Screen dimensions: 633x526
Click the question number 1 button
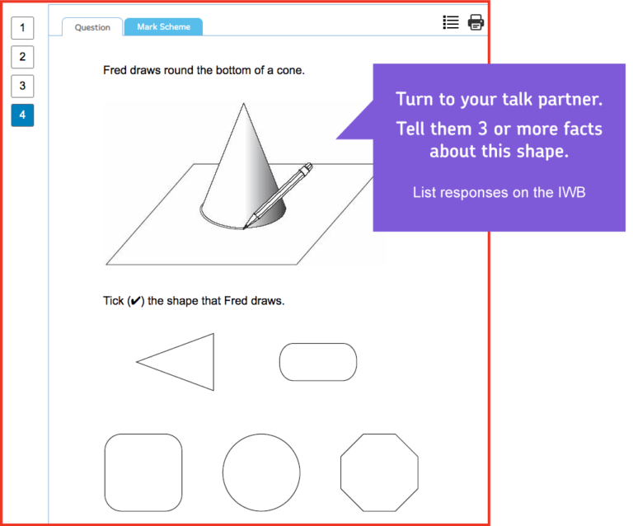(22, 28)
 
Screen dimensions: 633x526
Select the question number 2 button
(22, 57)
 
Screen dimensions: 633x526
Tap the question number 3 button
(22, 86)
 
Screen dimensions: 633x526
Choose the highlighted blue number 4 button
(22, 115)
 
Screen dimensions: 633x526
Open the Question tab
(92, 27)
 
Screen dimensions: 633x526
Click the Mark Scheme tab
(163, 26)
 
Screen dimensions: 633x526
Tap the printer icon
(476, 22)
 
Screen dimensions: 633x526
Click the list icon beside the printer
(451, 22)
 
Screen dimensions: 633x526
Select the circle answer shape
(261, 472)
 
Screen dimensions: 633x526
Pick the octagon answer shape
(379, 472)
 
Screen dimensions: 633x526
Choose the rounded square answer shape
(143, 472)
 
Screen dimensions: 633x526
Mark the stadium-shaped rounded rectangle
(318, 362)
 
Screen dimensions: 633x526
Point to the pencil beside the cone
(278, 195)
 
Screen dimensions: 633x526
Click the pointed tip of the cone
(243, 103)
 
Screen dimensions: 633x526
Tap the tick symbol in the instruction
(136, 301)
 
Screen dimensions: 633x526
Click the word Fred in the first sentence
(115, 70)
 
